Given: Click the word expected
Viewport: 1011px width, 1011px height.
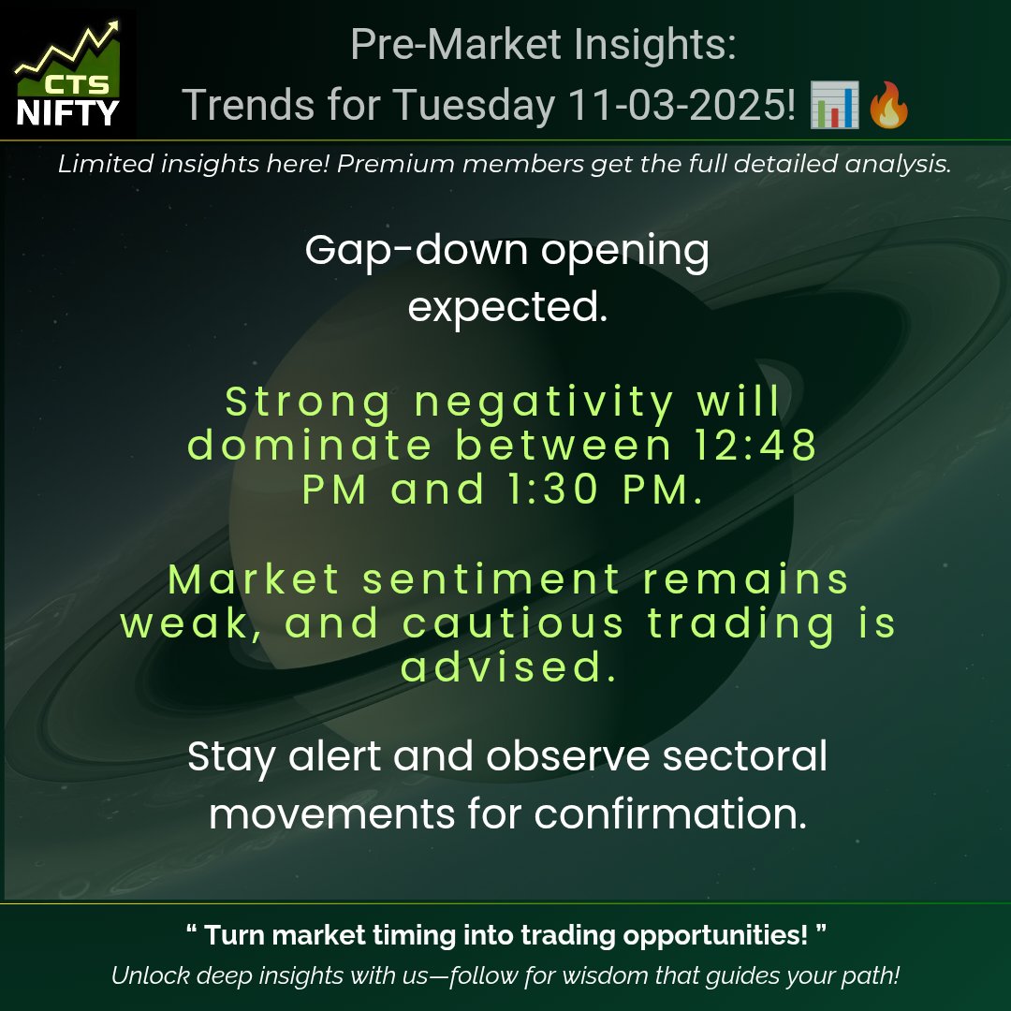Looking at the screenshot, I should click(x=507, y=306).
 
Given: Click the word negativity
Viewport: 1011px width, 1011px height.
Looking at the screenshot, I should click(x=544, y=403).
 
